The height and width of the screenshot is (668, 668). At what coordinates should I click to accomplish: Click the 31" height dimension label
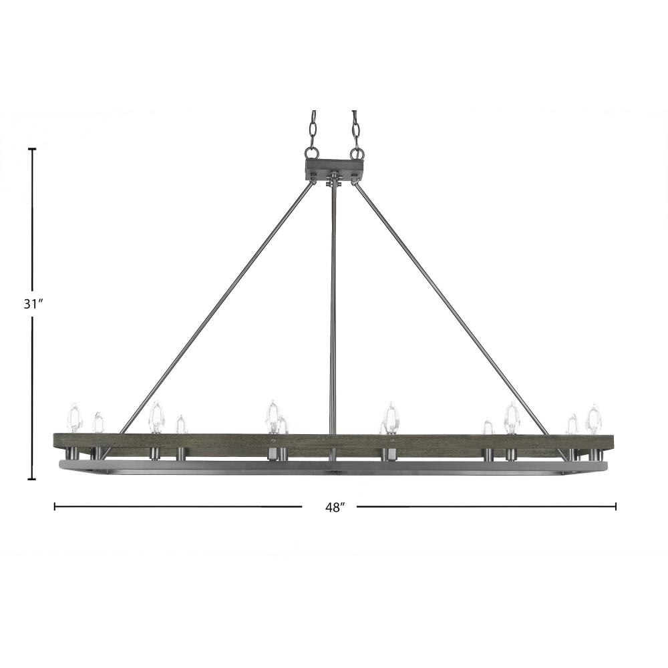click(x=33, y=304)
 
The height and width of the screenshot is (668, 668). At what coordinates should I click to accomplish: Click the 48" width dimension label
click(x=335, y=508)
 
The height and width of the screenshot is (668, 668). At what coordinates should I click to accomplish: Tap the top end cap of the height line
click(x=32, y=149)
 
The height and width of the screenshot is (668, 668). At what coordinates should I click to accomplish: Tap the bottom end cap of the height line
click(x=32, y=479)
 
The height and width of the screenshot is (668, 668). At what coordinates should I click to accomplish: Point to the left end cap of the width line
click(x=55, y=506)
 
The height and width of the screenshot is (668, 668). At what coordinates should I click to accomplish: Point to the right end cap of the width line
click(x=616, y=506)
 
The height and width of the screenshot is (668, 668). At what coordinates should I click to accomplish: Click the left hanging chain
click(x=313, y=129)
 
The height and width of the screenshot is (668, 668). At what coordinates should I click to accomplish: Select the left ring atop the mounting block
click(x=311, y=153)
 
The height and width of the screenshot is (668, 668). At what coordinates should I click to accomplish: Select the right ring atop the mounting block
click(x=357, y=153)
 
